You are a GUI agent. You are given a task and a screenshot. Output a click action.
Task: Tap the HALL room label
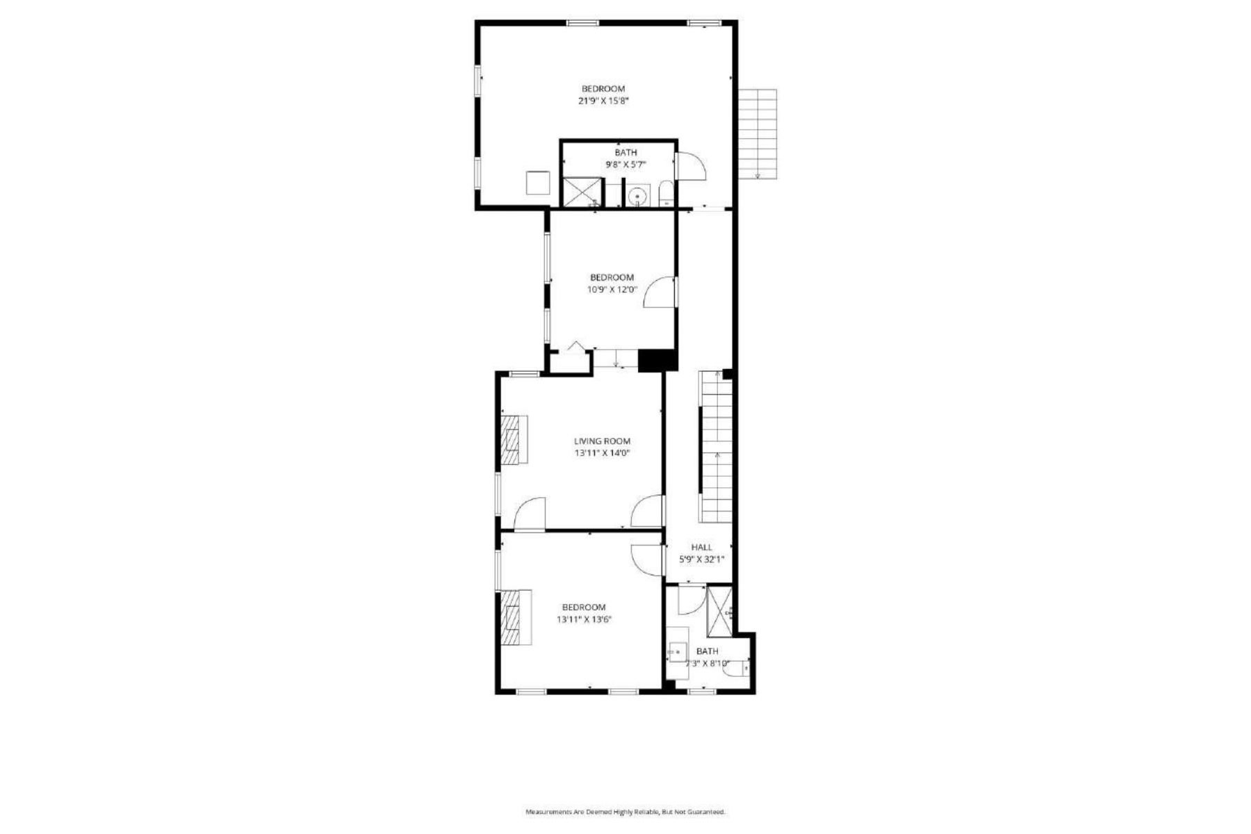(701, 548)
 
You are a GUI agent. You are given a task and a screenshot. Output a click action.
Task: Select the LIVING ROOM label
(602, 441)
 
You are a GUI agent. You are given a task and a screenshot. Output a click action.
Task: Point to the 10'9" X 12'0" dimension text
(612, 290)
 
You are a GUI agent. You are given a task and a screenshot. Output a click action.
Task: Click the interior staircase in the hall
(717, 448)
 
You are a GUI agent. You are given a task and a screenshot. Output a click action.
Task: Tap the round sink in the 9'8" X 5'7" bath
(637, 197)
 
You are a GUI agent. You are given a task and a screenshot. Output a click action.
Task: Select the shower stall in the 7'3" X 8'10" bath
(719, 612)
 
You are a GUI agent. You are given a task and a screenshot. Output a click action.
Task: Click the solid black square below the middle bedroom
(657, 360)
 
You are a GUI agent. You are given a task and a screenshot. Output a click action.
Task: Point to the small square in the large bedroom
(537, 183)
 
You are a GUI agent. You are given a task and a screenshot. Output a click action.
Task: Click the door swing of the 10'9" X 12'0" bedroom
(660, 293)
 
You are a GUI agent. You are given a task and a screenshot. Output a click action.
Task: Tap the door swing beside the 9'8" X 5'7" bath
(691, 166)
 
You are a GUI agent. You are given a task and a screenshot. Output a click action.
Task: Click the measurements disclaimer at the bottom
(625, 812)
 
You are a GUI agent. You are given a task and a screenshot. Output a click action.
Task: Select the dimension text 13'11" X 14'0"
(602, 453)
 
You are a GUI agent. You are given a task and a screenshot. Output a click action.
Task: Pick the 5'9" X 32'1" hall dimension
(701, 559)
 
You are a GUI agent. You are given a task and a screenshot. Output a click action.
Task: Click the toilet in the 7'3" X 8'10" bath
(737, 667)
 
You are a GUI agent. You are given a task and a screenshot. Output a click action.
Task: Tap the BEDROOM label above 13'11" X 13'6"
(584, 607)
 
